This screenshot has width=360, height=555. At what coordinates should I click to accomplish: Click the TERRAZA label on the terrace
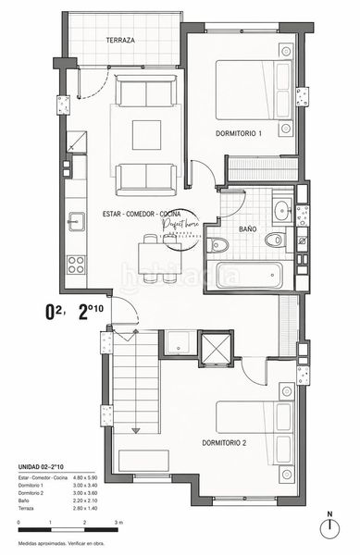click(x=120, y=42)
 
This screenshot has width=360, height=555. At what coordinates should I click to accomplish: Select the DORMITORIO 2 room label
click(x=230, y=443)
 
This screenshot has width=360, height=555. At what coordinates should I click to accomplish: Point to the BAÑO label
click(x=247, y=228)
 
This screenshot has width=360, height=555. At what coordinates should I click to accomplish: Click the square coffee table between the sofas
click(x=146, y=134)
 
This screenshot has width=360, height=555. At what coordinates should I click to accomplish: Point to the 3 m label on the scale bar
click(x=118, y=524)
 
